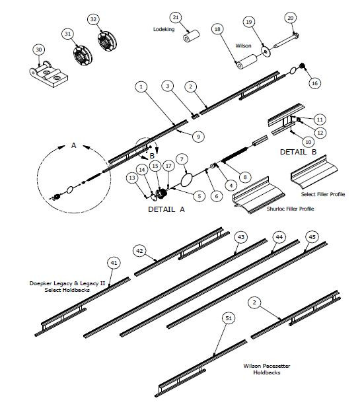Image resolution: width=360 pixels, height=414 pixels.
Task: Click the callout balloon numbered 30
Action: [x=38, y=50]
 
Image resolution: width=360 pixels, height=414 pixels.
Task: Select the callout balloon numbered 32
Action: [x=93, y=20]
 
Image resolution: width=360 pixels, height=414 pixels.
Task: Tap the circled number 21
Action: [x=175, y=17]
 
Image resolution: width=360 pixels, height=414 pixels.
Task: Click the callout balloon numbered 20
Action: [x=291, y=17]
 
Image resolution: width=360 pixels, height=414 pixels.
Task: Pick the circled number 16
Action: [x=314, y=83]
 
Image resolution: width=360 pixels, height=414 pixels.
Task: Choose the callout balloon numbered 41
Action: [x=114, y=263]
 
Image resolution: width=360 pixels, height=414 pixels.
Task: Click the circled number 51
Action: [x=229, y=318]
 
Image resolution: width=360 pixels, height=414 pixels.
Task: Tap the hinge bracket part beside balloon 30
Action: [x=50, y=72]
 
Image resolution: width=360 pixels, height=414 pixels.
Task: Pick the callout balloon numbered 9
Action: [x=197, y=136]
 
